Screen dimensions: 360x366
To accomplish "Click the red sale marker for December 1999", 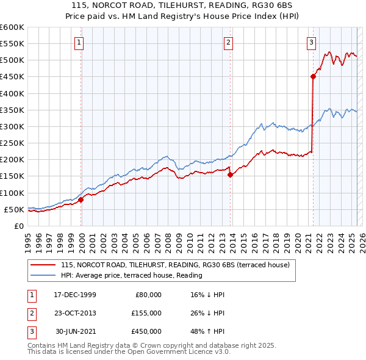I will click(81, 200).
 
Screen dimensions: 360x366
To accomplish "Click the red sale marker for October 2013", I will click(230, 175).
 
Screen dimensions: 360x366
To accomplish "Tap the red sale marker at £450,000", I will click(313, 76).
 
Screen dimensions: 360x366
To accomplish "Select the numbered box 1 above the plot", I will click(80, 42).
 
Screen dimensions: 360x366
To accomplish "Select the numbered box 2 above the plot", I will click(228, 42).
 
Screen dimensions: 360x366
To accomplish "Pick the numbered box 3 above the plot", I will click(311, 42).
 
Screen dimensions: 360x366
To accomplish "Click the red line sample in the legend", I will click(43, 265).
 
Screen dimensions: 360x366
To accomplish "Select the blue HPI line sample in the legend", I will click(43, 275).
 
